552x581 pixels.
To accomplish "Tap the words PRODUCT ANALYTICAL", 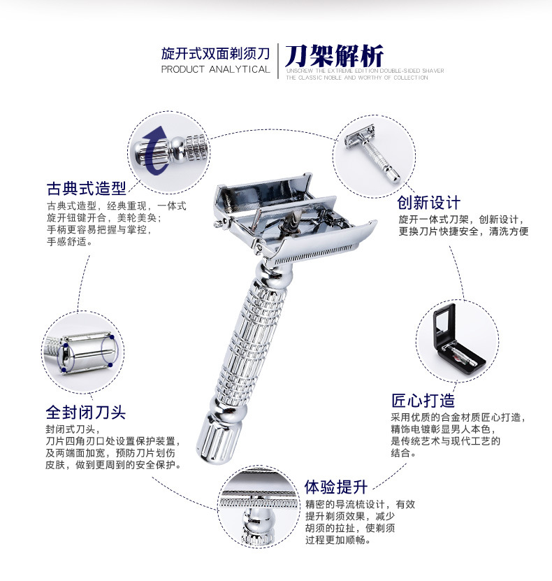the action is (x=215, y=69).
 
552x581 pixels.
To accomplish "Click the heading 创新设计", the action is (x=428, y=203).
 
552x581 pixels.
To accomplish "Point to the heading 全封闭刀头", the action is (x=85, y=412).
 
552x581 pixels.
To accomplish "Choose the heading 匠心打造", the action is (x=423, y=401).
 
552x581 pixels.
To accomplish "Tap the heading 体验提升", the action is (x=335, y=486).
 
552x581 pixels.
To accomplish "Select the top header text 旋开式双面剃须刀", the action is (x=215, y=52).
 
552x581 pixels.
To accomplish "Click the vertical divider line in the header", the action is (x=278, y=61).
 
